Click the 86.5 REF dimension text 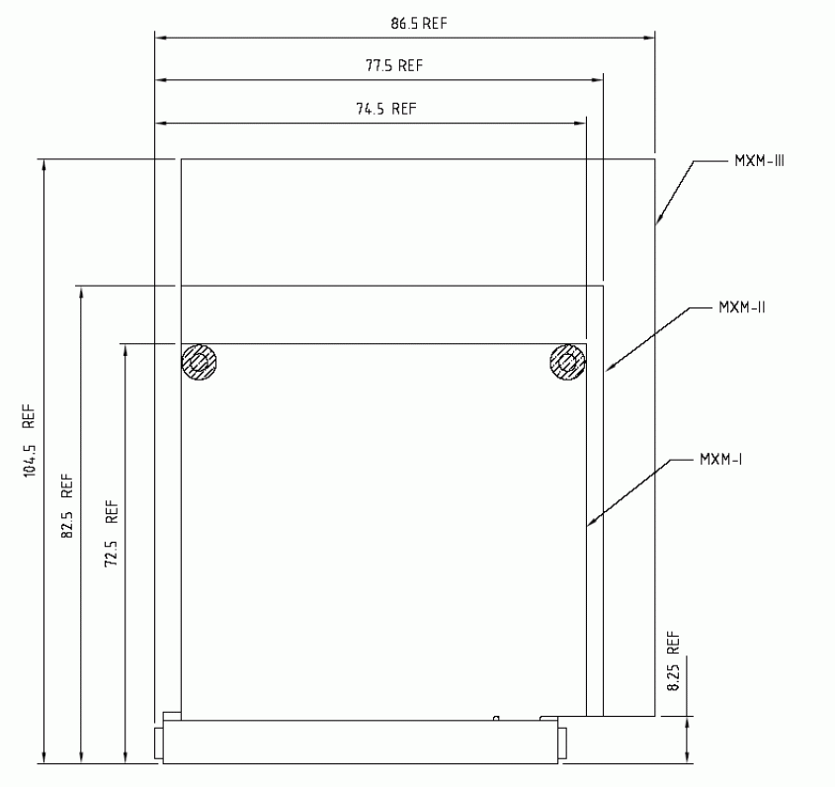(x=419, y=24)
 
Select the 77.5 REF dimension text (x=394, y=65)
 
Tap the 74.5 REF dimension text (x=386, y=109)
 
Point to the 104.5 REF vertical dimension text (x=29, y=440)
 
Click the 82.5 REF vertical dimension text (x=67, y=505)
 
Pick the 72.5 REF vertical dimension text (x=112, y=533)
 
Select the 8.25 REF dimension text (x=674, y=661)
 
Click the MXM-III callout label (x=759, y=161)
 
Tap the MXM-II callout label (x=742, y=307)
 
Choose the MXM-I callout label (x=721, y=460)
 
